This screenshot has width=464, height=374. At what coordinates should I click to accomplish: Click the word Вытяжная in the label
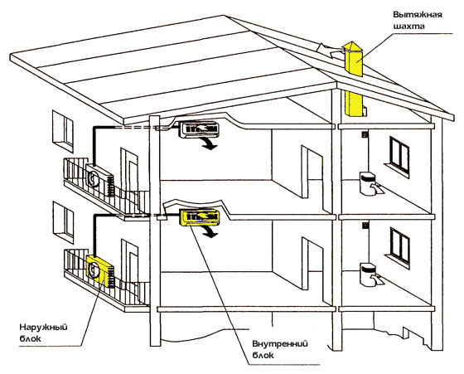418,14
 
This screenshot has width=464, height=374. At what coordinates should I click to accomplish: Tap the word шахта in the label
409,26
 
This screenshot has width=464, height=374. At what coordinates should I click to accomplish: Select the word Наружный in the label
43,328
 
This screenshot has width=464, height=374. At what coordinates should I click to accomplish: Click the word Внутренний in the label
280,344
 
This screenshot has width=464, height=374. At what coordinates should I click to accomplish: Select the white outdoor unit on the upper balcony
99,180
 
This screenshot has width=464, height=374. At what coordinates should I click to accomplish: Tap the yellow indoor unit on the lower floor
200,217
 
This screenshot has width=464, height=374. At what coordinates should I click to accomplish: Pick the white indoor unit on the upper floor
199,129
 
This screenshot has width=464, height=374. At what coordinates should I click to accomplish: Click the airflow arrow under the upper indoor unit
208,143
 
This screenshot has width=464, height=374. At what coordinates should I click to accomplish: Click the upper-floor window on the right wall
399,157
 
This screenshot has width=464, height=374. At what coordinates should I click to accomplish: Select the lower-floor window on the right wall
399,247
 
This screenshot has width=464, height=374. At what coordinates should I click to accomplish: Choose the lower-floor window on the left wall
63,222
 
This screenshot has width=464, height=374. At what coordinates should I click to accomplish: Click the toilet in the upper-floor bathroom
370,184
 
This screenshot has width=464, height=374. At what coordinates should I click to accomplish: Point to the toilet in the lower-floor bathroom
370,275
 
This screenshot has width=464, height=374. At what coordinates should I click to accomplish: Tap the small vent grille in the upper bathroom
365,134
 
